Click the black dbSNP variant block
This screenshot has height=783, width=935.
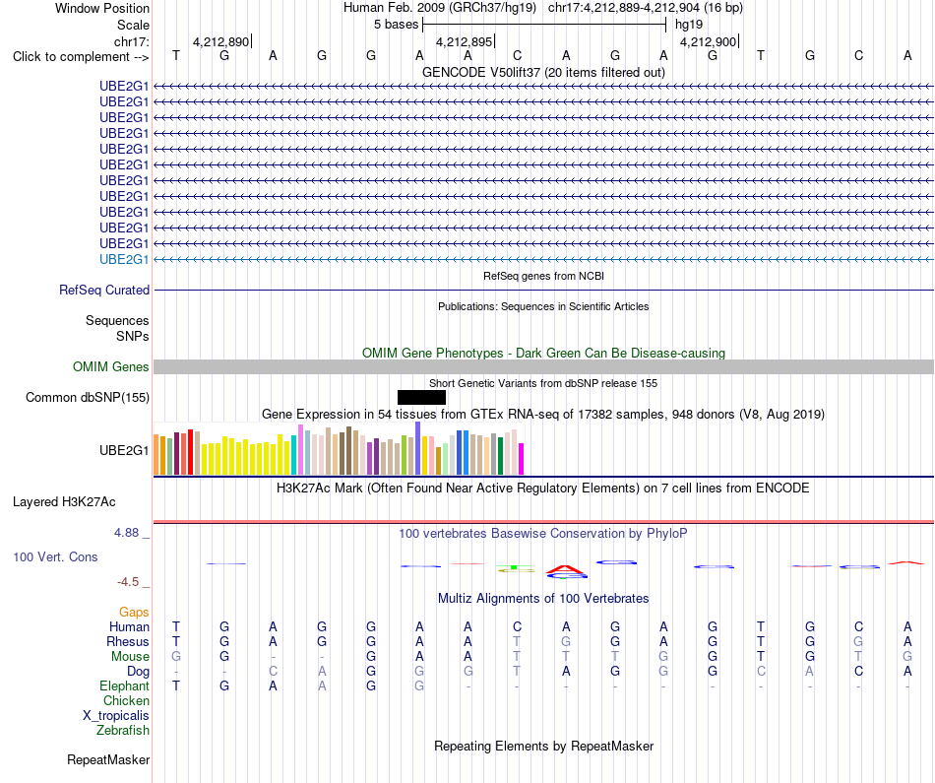pyautogui.click(x=421, y=398)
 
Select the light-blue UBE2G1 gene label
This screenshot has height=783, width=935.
pyautogui.click(x=124, y=260)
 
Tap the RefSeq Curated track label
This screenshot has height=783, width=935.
pyautogui.click(x=104, y=290)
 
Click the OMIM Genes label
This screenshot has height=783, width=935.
pyautogui.click(x=111, y=367)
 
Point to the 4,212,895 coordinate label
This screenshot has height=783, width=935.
pyautogui.click(x=464, y=41)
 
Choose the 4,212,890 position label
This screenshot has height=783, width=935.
pyautogui.click(x=220, y=41)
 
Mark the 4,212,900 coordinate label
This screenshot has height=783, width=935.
pyautogui.click(x=708, y=41)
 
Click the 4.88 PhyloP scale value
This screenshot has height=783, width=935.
pyautogui.click(x=126, y=533)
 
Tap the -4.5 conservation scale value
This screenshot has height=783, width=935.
pyautogui.click(x=128, y=582)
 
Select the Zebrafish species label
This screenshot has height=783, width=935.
pyautogui.click(x=123, y=731)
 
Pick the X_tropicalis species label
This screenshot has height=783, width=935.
pyautogui.click(x=116, y=716)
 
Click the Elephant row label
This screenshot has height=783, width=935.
pyautogui.click(x=125, y=686)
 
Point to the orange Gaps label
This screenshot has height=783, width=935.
pyautogui.click(x=134, y=613)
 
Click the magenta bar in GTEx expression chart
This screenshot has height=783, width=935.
pyautogui.click(x=522, y=459)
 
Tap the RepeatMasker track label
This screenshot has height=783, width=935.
pyautogui.click(x=108, y=760)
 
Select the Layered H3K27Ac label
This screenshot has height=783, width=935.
pyautogui.click(x=64, y=502)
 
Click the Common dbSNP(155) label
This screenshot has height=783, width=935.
pyautogui.click(x=88, y=398)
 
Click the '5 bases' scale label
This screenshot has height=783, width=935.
pyautogui.click(x=396, y=25)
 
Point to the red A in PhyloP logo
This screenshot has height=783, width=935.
pyautogui.click(x=565, y=569)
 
